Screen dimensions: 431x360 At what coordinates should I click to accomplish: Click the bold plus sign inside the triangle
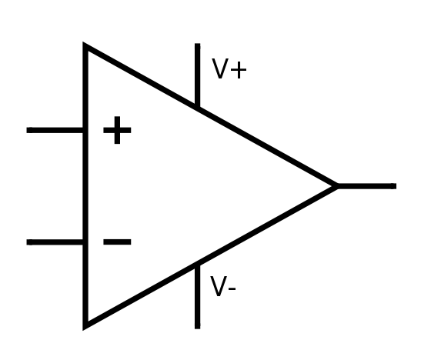coord(117,130)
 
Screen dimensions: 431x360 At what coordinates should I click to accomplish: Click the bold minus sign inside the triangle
coord(117,242)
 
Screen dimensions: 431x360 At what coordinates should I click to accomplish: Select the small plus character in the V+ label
coord(239,70)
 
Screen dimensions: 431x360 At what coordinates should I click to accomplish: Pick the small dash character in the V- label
coord(232,288)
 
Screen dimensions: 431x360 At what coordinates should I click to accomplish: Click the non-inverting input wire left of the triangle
coord(55,130)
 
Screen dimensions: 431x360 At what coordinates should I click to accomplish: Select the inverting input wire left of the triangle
coord(55,242)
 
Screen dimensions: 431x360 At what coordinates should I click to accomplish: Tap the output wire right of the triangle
coord(366,186)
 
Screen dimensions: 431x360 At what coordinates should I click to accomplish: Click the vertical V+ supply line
coord(197,75)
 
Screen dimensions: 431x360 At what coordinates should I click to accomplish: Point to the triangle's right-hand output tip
coord(338,186)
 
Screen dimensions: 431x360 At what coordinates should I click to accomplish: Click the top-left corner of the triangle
coord(85,45)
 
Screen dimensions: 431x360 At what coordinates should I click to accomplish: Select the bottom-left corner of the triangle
coord(85,327)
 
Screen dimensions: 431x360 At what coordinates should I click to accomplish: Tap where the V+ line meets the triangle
coord(197,107)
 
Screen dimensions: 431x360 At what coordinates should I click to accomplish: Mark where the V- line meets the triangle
coord(197,265)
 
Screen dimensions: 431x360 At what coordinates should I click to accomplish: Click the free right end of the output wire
coord(396,186)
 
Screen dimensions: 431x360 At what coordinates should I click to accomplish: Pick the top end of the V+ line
coord(197,44)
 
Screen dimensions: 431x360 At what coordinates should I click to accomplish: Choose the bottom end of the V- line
coord(197,328)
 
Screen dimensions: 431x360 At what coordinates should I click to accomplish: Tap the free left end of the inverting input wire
coord(27,242)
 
